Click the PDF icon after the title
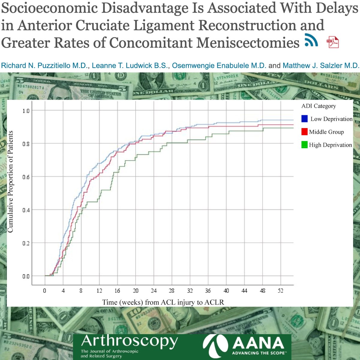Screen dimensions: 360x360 [x=332, y=42]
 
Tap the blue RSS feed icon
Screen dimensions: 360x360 [x=311, y=40]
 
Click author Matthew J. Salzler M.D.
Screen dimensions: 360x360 [x=320, y=66]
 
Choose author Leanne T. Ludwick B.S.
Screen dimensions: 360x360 [x=130, y=66]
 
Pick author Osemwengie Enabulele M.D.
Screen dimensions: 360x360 [x=219, y=66]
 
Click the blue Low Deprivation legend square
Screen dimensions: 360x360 [x=304, y=119]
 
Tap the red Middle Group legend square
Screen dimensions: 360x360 [x=304, y=132]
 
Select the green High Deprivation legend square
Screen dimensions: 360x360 [x=304, y=145]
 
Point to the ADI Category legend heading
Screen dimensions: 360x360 [x=319, y=106]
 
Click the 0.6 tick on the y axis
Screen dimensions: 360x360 [x=26, y=177]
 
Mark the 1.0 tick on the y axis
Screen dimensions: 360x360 [x=26, y=111]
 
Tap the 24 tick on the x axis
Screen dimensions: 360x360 [x=154, y=290]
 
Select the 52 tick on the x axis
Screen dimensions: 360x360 [x=280, y=290]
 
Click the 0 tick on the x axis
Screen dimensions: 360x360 [x=45, y=290]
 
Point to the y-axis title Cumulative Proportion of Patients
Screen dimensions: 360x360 [x=10, y=181]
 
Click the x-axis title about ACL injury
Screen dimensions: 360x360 [x=163, y=302]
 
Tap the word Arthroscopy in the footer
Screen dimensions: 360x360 [x=129, y=341]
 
